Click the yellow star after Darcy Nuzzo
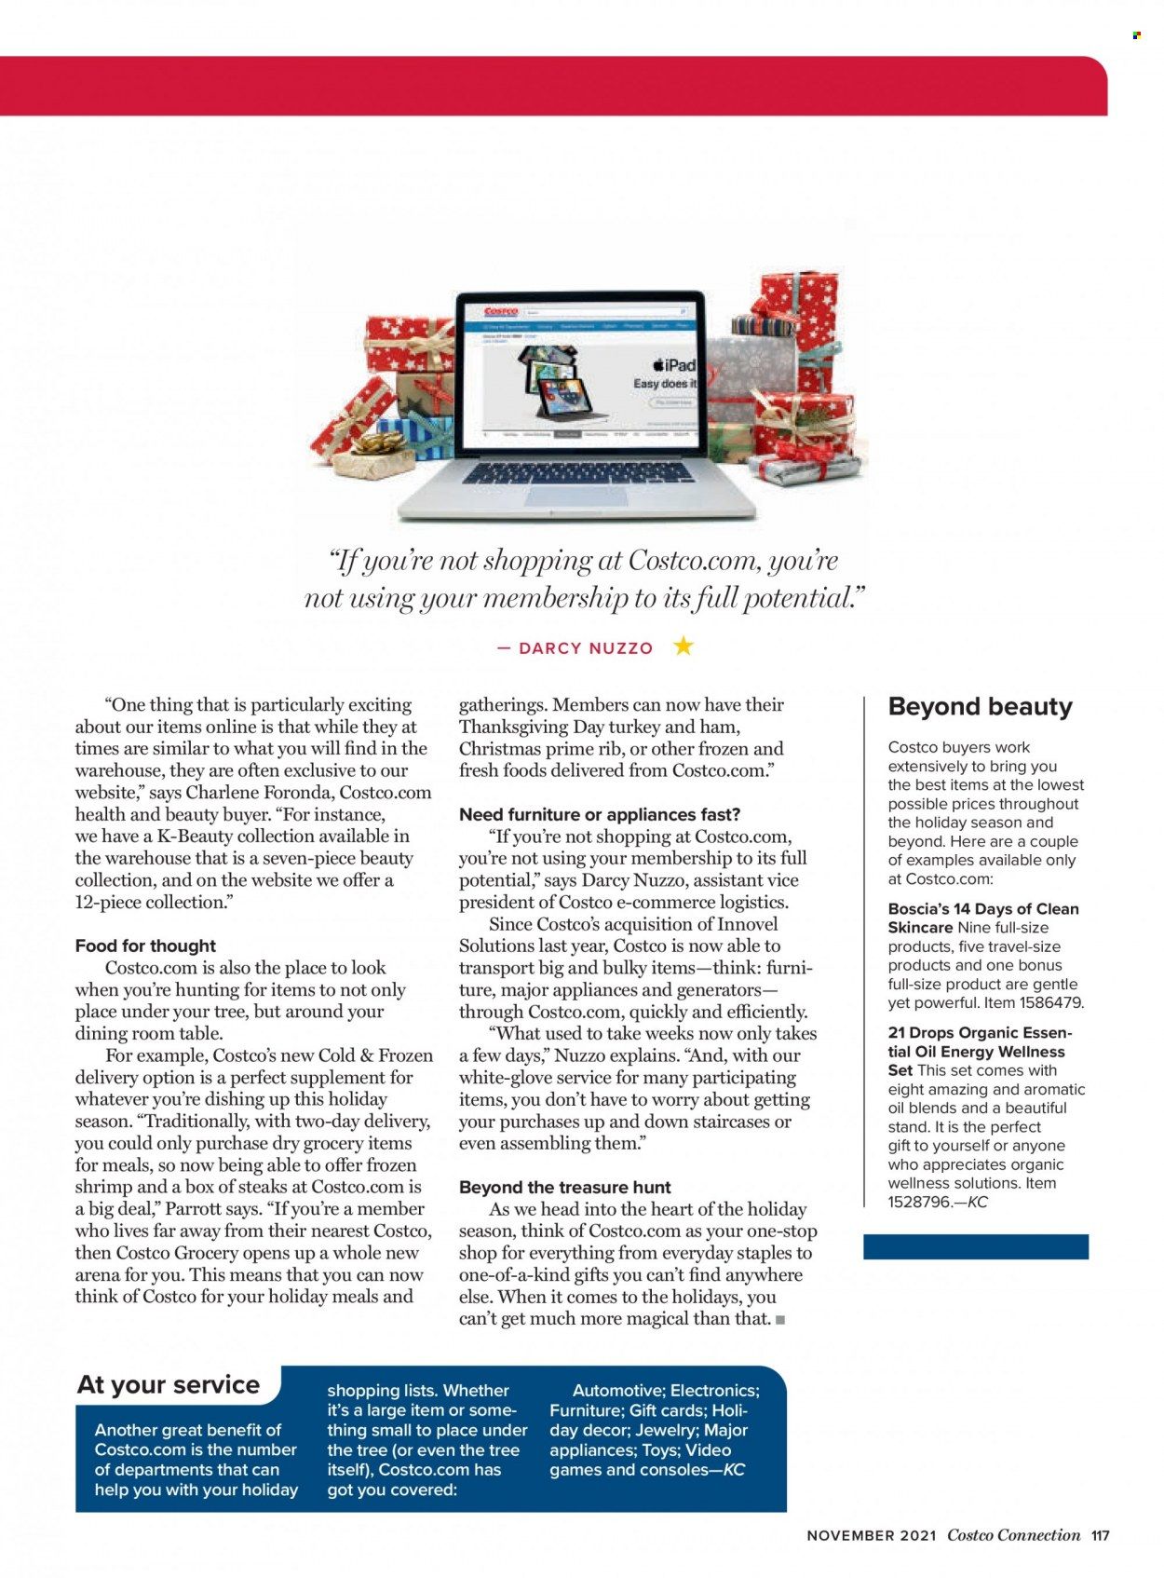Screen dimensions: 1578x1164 tap(684, 646)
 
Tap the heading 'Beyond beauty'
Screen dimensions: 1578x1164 tap(980, 707)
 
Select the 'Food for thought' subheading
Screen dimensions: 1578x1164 tap(145, 945)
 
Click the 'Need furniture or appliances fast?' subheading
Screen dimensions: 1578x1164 tap(600, 814)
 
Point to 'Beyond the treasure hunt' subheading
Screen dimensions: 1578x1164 tap(564, 1187)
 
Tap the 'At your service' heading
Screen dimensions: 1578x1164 tap(169, 1384)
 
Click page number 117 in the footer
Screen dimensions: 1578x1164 tap(1101, 1535)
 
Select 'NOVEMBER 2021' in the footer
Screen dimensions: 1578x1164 tap(872, 1535)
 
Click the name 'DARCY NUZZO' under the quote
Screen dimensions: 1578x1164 tap(586, 648)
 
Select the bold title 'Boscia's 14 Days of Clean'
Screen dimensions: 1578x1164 tap(983, 908)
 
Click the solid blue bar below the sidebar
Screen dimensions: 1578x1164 tap(975, 1246)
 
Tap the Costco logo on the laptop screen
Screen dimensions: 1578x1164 tap(501, 312)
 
